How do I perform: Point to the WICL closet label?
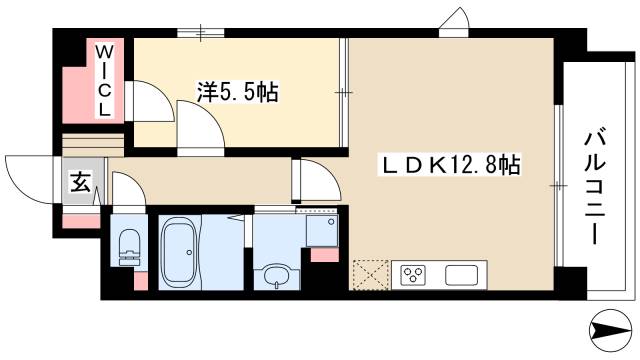(x=104, y=79)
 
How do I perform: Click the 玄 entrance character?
(x=78, y=182)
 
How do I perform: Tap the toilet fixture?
(x=127, y=245)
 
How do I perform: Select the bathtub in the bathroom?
(x=182, y=250)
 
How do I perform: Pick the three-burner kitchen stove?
(x=414, y=274)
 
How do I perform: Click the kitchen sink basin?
(x=463, y=274)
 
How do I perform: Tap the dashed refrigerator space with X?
(x=370, y=274)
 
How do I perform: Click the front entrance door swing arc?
(x=25, y=175)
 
